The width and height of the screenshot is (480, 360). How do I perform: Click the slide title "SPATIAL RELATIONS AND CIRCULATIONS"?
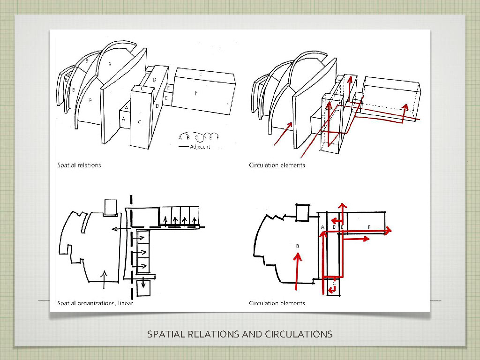pos(240,334)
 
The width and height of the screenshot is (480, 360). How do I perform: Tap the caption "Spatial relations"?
pos(79,165)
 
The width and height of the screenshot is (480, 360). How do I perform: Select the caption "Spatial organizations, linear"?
pos(95,303)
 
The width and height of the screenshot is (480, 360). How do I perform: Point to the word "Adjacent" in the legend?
pos(200,147)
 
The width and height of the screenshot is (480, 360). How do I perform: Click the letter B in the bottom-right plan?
pos(297,245)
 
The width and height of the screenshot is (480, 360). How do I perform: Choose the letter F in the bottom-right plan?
pos(369,227)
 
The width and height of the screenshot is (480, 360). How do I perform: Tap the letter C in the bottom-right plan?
pos(334,283)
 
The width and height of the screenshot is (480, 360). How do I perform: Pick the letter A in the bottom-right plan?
pos(322,227)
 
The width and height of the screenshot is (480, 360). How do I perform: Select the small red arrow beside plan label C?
pos(332,290)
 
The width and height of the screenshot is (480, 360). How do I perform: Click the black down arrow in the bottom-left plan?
pos(142,285)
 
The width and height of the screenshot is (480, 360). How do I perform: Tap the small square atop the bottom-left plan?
pos(111,208)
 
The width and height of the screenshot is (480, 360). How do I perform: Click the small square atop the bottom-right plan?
pos(303,212)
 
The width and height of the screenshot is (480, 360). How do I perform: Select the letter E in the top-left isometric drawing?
pos(168,88)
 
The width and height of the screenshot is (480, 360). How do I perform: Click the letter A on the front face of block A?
pos(124,120)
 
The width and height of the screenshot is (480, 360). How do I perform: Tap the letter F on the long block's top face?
pos(201,75)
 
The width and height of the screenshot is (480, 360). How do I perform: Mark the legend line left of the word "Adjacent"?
pos(183,147)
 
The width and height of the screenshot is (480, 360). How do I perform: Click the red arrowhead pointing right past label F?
pos(388,231)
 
